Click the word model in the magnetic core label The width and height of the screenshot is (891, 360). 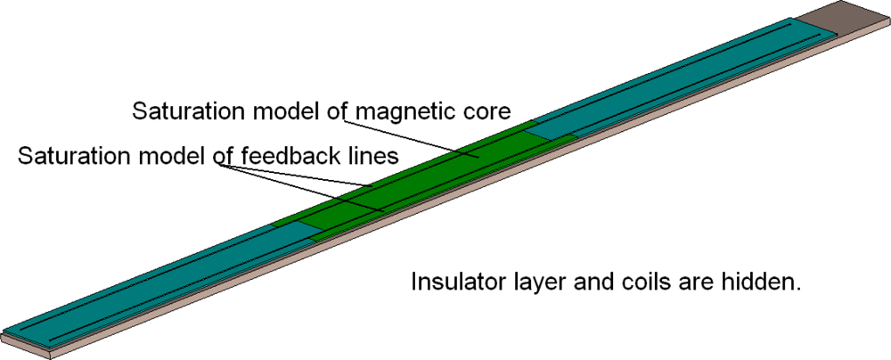click(x=283, y=112)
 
